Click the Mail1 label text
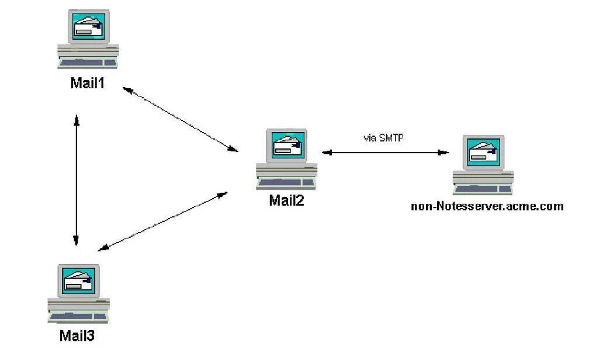[88, 84]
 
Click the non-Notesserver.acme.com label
[487, 206]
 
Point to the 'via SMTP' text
[383, 139]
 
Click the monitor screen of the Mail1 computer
[89, 26]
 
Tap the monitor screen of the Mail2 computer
[287, 146]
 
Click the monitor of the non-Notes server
[483, 152]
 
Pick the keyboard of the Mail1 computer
[88, 63]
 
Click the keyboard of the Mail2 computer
[286, 184]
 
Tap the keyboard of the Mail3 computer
[78, 317]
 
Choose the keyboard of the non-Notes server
[483, 189]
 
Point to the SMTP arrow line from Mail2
[385, 153]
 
